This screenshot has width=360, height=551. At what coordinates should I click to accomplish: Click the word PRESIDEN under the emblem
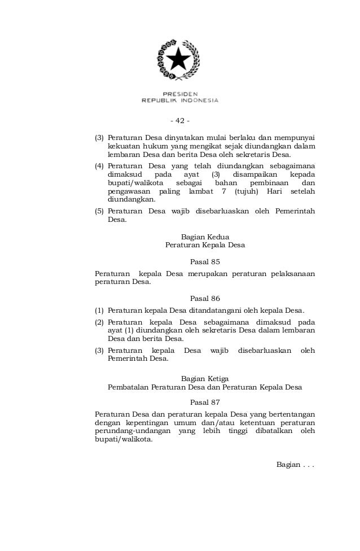coord(180,94)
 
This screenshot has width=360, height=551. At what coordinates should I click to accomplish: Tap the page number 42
coord(180,120)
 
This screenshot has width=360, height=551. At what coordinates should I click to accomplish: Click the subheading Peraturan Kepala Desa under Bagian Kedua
coord(205,246)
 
